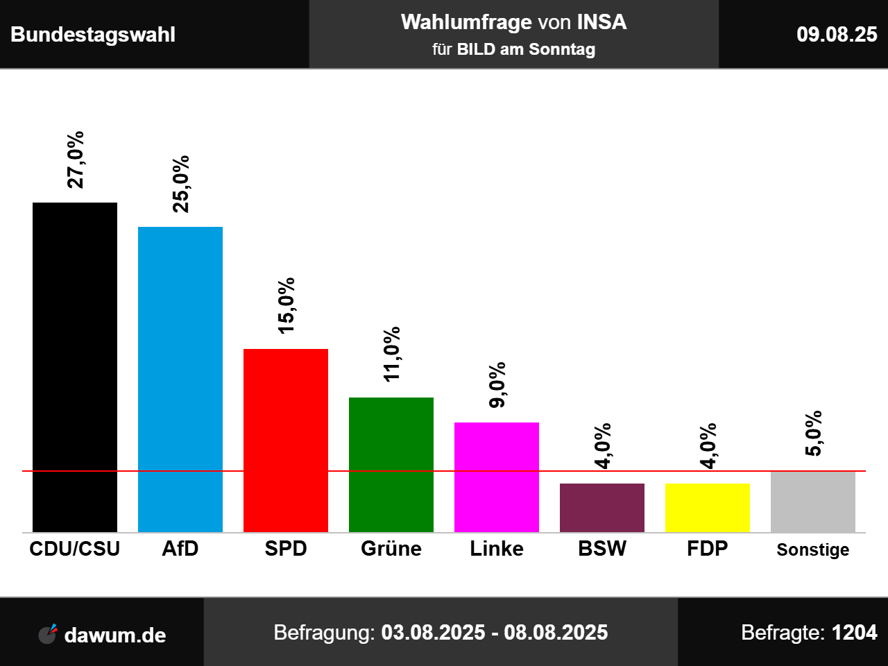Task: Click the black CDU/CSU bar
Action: pos(75,367)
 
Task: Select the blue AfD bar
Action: pos(180,379)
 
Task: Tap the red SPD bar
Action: pos(286,440)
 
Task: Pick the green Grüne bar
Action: pos(391,464)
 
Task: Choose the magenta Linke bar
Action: pos(497,477)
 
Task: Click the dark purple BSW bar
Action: pos(602,507)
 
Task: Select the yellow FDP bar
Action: pos(708,507)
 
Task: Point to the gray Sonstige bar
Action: pos(813,501)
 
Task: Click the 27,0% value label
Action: pos(75,160)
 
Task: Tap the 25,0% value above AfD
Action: pos(180,184)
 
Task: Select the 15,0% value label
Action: pos(286,306)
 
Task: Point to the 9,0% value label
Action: pos(497,385)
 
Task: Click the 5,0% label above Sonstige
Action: pos(813,434)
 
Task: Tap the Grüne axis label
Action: pos(391,549)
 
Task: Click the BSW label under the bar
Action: pos(602,549)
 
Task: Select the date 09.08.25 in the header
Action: pos(837,34)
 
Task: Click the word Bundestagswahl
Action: pos(93,35)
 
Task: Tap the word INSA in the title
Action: pos(601,22)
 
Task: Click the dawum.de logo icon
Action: pos(48,633)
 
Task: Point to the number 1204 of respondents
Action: pos(854,633)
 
